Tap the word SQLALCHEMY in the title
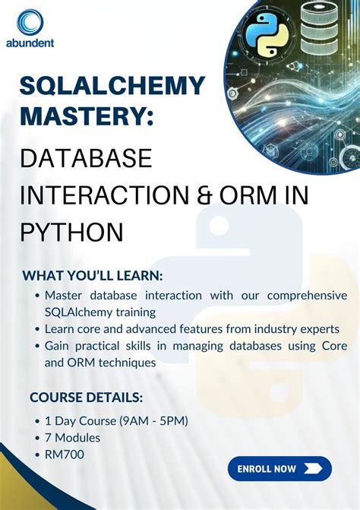(x=112, y=85)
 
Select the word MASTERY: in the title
(x=87, y=116)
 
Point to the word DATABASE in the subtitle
(x=86, y=159)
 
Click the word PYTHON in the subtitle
(x=72, y=230)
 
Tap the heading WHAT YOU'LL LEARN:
(x=93, y=275)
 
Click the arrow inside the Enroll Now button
(x=310, y=468)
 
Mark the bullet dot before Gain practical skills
(x=37, y=347)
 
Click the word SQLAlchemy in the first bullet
(x=79, y=312)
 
